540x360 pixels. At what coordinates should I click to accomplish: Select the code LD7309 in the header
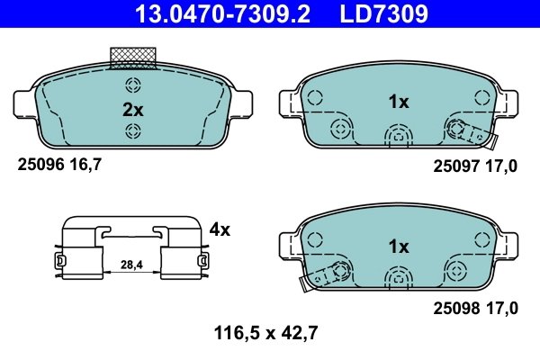(x=383, y=14)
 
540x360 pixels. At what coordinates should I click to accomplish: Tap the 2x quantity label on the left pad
(x=133, y=110)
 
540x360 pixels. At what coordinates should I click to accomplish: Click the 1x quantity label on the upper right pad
(x=399, y=103)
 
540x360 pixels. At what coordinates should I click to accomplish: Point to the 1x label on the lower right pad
(x=399, y=246)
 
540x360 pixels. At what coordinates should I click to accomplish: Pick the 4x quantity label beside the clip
(x=220, y=229)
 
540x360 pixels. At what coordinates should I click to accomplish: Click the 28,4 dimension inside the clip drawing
(x=132, y=265)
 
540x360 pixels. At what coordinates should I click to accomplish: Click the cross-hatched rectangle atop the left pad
(x=133, y=58)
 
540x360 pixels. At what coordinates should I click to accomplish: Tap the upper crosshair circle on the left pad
(x=134, y=86)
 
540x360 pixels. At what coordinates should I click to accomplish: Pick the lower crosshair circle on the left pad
(x=134, y=132)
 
